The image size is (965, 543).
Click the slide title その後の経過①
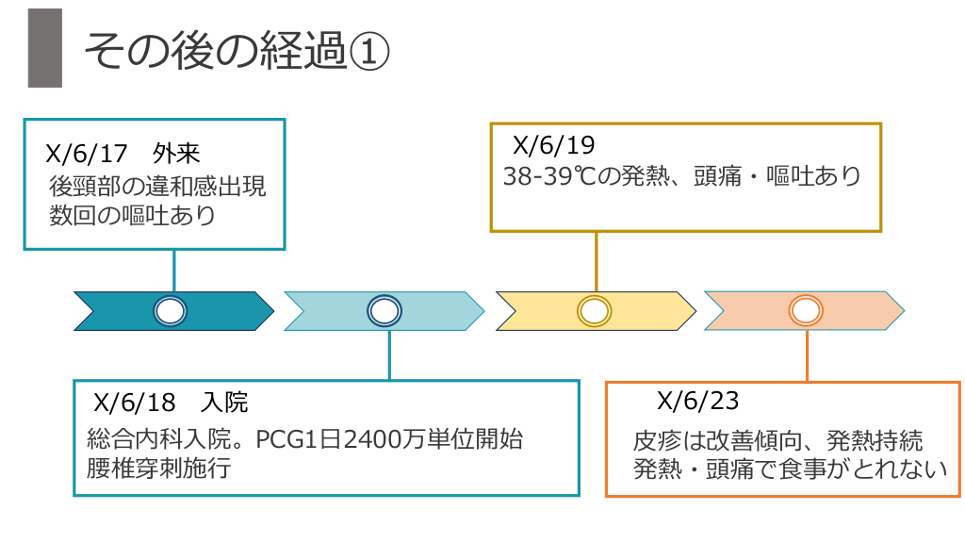236,51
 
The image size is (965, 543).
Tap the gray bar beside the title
44,48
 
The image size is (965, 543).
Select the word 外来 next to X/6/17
176,155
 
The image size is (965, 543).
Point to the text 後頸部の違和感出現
157,186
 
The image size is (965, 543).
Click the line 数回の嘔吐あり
133,216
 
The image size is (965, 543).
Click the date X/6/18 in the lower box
135,403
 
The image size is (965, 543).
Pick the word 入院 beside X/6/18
224,403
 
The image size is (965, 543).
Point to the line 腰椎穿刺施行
157,469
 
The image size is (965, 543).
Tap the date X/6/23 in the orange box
697,401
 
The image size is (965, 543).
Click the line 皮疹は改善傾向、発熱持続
778,440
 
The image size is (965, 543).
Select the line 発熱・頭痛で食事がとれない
790,469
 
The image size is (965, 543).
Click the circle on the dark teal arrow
171,311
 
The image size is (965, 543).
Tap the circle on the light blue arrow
384,311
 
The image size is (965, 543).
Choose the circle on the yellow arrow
595,311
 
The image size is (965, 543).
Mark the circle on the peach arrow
807,311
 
